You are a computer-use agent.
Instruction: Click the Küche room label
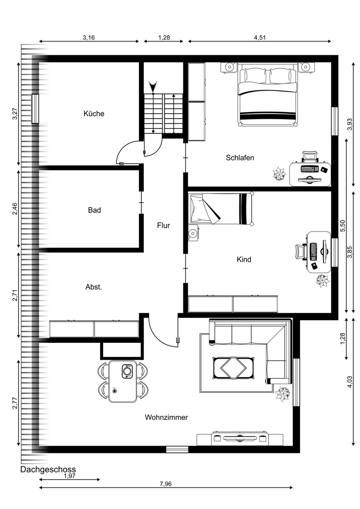pyautogui.click(x=94, y=114)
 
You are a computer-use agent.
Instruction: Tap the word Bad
pyautogui.click(x=94, y=210)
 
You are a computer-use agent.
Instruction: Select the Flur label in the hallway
pyautogui.click(x=163, y=226)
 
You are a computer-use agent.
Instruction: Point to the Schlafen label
pyautogui.click(x=240, y=158)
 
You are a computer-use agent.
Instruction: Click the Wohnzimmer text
pyautogui.click(x=166, y=417)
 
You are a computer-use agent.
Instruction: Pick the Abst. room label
pyautogui.click(x=93, y=287)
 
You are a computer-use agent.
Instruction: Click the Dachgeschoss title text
pyautogui.click(x=48, y=470)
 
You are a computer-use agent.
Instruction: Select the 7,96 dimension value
pyautogui.click(x=166, y=484)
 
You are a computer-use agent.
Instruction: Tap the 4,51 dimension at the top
pyautogui.click(x=259, y=37)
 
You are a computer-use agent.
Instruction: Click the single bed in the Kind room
pyautogui.click(x=221, y=209)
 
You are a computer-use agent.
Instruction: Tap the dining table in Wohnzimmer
pyautogui.click(x=123, y=381)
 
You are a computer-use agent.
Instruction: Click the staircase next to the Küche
pyautogui.click(x=163, y=113)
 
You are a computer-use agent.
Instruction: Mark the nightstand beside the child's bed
pyautogui.click(x=194, y=233)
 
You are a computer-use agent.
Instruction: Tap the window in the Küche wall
pyautogui.click(x=35, y=109)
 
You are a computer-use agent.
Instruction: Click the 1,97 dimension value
pyautogui.click(x=69, y=476)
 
